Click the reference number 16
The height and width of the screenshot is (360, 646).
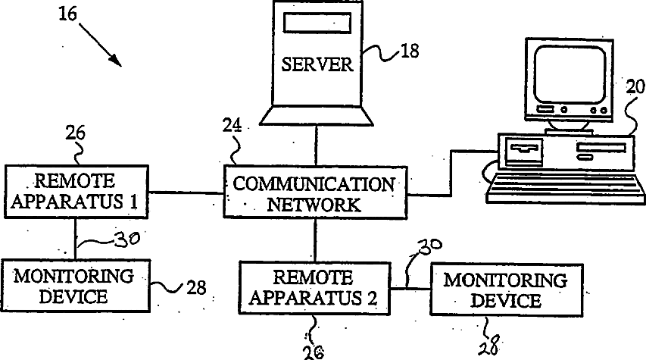coord(67,14)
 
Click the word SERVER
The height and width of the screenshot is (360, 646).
coord(317,64)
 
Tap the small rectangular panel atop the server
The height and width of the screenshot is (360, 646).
coord(317,23)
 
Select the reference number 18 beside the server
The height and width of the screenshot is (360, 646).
coord(410,51)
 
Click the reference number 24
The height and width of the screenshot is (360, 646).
coord(232,125)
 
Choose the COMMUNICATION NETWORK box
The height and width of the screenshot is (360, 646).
coord(315,193)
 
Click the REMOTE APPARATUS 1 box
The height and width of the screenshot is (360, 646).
coord(76,192)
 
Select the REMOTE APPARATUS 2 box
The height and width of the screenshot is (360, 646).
coord(314,288)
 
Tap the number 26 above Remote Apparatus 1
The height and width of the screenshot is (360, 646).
coord(75,133)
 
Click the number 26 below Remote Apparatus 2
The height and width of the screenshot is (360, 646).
coord(314,352)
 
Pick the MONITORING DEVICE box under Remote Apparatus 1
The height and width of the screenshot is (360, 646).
coord(76,286)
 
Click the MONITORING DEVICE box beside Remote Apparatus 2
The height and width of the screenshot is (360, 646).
coord(507,290)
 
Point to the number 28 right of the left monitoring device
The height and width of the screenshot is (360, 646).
coord(196,287)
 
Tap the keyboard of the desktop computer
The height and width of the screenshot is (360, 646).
coord(566,188)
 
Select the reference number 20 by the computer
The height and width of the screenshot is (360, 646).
coord(635,87)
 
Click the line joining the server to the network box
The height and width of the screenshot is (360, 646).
coord(316,146)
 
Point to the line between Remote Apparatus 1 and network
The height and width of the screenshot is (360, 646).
coord(186,193)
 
